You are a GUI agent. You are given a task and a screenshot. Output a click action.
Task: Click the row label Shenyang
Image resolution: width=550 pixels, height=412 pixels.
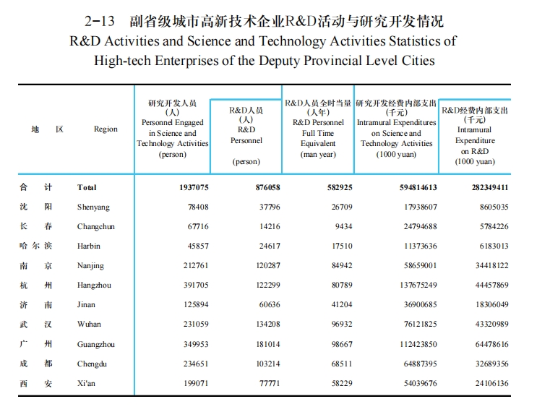pyautogui.click(x=93, y=207)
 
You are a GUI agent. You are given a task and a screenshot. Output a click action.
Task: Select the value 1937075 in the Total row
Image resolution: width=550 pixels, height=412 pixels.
pyautogui.click(x=194, y=187)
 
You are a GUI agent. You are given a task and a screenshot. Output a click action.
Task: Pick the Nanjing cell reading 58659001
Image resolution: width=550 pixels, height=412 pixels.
pyautogui.click(x=421, y=265)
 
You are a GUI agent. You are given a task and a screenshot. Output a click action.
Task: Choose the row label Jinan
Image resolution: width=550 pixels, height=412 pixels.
pyautogui.click(x=86, y=304)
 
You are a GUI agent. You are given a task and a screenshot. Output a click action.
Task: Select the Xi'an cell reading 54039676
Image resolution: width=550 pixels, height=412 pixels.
pyautogui.click(x=421, y=383)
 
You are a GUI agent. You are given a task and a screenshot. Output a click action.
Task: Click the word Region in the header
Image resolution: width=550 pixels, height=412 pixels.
pyautogui.click(x=106, y=129)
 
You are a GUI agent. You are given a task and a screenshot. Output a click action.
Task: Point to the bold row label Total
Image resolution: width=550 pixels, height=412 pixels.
pyautogui.click(x=87, y=187)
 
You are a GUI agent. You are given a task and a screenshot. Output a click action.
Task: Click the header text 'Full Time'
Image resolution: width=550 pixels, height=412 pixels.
pyautogui.click(x=318, y=133)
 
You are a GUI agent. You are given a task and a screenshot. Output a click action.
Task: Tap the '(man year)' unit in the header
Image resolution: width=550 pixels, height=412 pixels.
pyautogui.click(x=318, y=154)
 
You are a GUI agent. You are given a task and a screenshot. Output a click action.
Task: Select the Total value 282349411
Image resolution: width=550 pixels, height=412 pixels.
pyautogui.click(x=490, y=187)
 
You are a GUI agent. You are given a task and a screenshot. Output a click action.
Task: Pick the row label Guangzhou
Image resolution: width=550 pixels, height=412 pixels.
pyautogui.click(x=95, y=344)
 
